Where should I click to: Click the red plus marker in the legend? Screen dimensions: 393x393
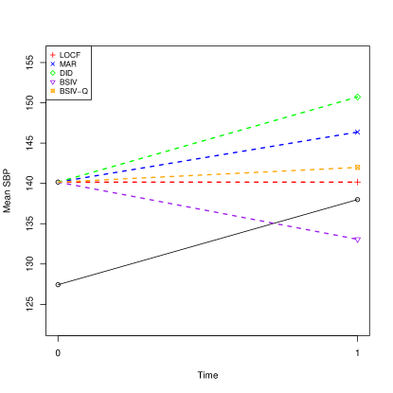[x=52, y=56]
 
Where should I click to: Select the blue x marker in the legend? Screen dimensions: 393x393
[x=52, y=64]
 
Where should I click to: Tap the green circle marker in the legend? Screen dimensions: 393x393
[x=52, y=73]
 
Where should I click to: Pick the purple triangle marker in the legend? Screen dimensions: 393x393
[x=52, y=82]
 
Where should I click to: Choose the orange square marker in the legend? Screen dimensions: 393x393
[x=52, y=91]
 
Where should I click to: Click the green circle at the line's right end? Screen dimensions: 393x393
[x=357, y=97]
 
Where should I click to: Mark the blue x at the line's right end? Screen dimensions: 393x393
[x=357, y=132]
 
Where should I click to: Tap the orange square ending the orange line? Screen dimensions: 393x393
[x=357, y=168]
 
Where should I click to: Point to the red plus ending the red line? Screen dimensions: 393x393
[x=357, y=182]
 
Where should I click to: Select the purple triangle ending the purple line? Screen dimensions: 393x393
[x=357, y=240]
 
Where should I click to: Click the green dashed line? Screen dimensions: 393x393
[x=208, y=139]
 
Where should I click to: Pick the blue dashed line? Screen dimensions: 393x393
[x=208, y=156]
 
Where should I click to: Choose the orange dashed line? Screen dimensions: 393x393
[x=208, y=174]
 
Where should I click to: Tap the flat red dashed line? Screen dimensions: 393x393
[x=208, y=182]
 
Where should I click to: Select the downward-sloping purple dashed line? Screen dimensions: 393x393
[x=208, y=210]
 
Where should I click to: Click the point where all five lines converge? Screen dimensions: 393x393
[x=60, y=182]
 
